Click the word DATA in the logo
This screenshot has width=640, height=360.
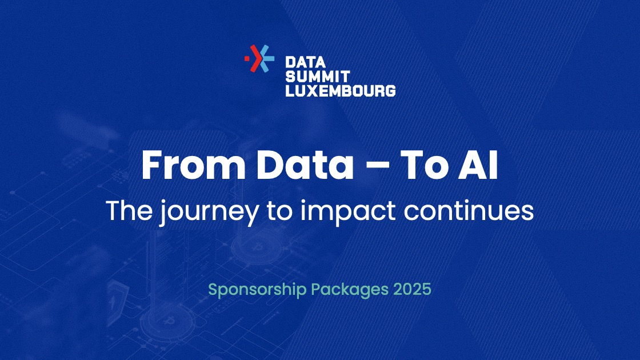tap(305, 62)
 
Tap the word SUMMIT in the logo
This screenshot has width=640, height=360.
tap(318, 77)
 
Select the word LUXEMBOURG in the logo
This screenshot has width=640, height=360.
tap(341, 91)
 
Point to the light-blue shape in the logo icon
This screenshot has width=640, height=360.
tap(266, 58)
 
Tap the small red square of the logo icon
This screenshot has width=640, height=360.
tap(246, 58)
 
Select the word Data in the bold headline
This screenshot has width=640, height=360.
tap(305, 165)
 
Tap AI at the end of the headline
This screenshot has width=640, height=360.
tap(478, 165)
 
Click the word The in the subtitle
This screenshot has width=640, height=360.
tap(129, 211)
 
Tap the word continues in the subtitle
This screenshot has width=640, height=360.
tap(469, 211)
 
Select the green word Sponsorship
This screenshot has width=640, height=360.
tap(257, 290)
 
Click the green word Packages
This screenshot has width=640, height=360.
tap(350, 290)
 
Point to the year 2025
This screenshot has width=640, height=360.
tap(412, 289)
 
